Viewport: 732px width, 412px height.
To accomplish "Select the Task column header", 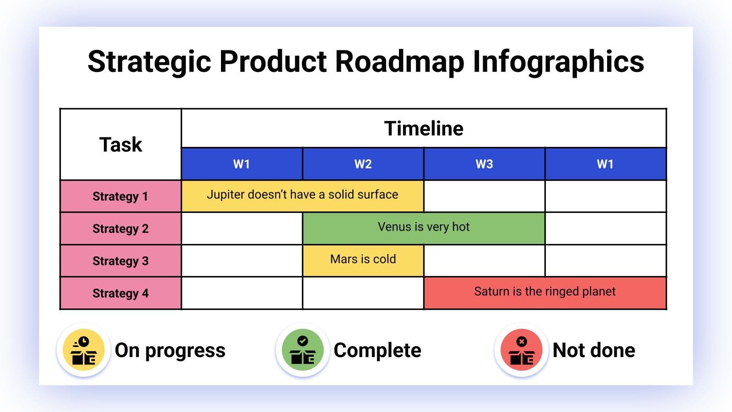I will point(121,145).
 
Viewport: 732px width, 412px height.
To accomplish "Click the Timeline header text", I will point(424,129).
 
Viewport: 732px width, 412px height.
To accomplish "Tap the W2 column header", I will point(363,164).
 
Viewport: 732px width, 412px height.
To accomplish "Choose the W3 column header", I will point(484,164).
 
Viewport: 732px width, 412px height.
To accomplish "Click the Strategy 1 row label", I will point(120,196).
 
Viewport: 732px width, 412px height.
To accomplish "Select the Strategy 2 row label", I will point(120,228).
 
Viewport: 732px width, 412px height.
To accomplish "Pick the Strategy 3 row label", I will point(120,261).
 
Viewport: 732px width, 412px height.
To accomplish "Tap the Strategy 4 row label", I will point(120,293).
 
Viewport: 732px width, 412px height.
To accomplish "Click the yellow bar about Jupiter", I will point(302,196).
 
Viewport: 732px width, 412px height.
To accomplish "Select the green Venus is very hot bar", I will point(424,228).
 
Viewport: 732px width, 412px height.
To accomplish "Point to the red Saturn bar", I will point(544,292).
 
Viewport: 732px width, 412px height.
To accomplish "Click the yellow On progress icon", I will point(84,350).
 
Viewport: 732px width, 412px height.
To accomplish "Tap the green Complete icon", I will point(302,350).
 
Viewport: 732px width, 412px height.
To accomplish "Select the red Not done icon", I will point(521,350).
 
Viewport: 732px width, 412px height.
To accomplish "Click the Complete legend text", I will point(377,350).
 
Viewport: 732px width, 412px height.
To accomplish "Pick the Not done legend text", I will point(594,350).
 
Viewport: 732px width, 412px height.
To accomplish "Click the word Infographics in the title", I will point(558,61).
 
